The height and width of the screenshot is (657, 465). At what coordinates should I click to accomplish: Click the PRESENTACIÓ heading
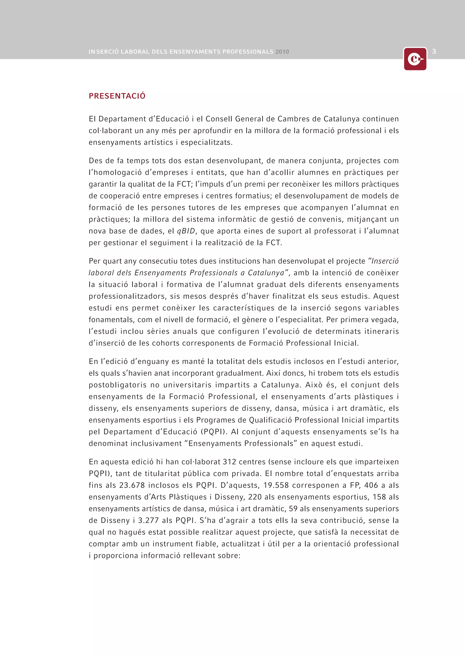point(117,96)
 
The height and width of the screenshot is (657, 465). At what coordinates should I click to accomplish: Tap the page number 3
point(434,52)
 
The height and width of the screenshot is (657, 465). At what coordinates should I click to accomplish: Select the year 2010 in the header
point(282,52)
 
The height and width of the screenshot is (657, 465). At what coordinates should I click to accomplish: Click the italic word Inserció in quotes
point(385,261)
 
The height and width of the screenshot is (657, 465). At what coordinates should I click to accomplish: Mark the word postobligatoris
point(117,385)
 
